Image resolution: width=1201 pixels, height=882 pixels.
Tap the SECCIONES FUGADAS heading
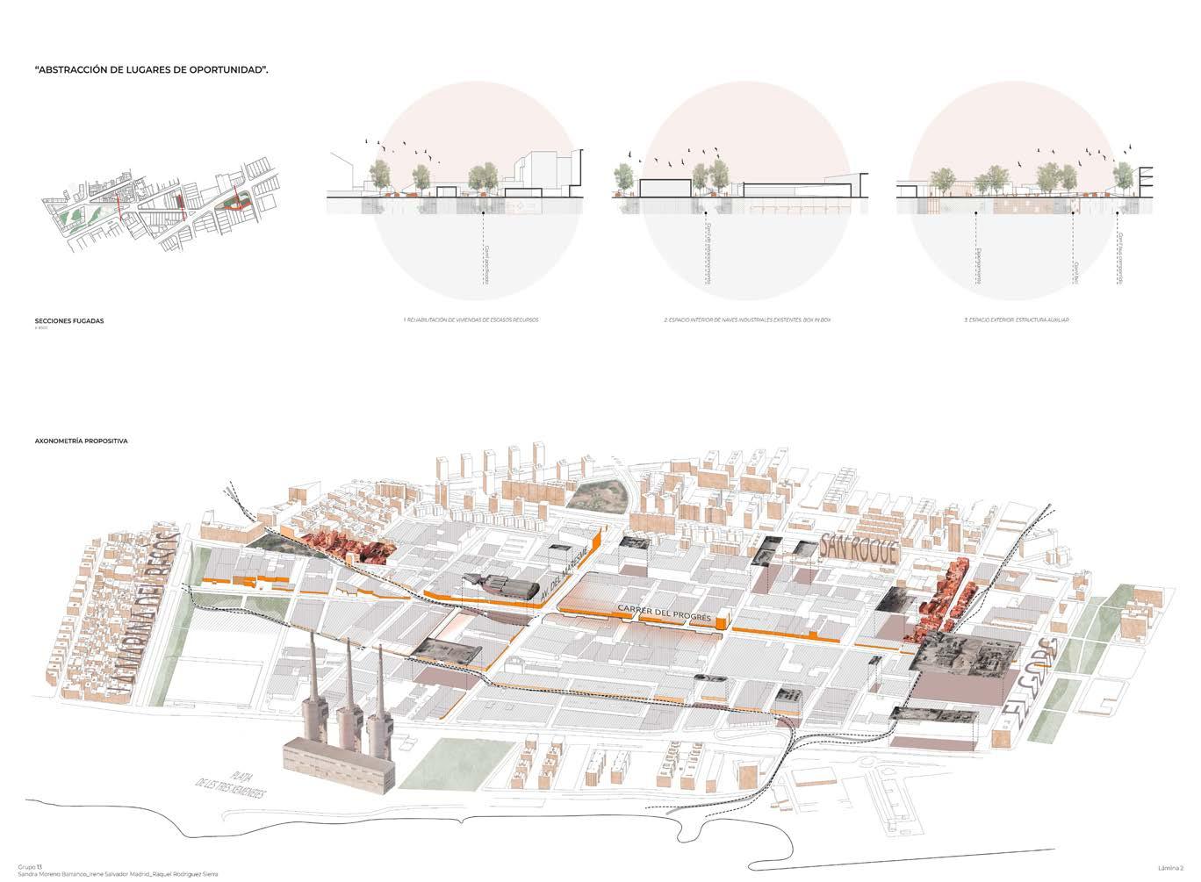click(x=69, y=321)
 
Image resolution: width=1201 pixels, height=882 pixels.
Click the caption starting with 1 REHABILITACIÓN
click(x=471, y=321)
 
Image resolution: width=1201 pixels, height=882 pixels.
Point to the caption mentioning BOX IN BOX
click(x=747, y=321)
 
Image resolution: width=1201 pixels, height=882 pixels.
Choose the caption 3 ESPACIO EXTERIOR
click(x=1017, y=321)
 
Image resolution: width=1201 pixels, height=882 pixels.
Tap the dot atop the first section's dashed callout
click(x=483, y=213)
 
